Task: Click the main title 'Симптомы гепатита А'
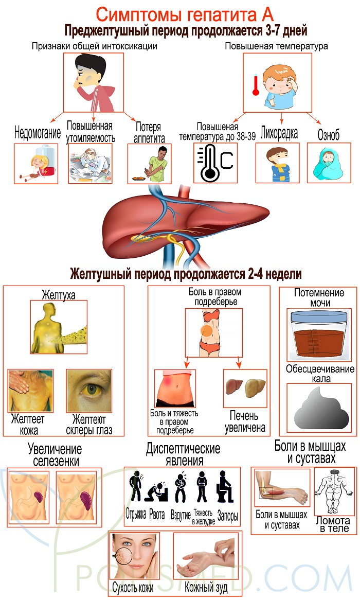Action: click(x=179, y=12)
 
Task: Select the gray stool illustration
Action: click(x=315, y=407)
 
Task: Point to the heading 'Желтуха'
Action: click(x=59, y=295)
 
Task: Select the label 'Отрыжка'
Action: click(x=136, y=515)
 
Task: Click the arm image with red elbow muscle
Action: click(x=281, y=489)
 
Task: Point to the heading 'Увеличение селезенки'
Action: click(x=53, y=454)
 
